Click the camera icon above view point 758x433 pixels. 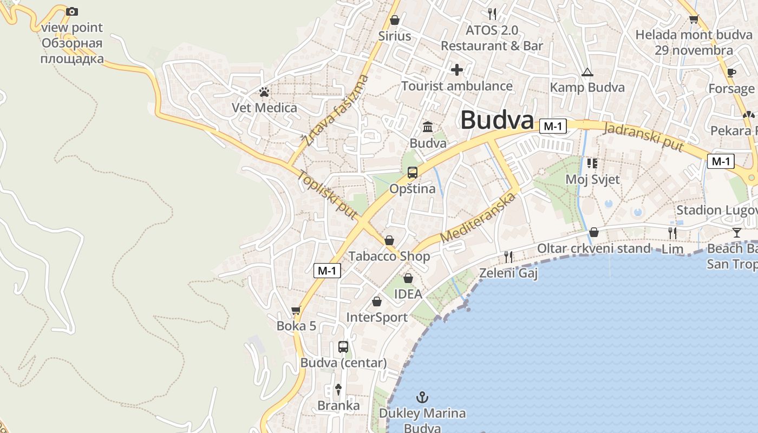[x=71, y=11]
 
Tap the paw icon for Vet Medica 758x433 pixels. [x=264, y=92]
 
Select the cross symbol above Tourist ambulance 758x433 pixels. [x=457, y=70]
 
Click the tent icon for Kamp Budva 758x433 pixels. [x=587, y=72]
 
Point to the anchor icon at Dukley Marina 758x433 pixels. [x=422, y=398]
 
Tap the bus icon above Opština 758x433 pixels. [x=413, y=173]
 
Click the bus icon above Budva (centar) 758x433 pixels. [x=343, y=347]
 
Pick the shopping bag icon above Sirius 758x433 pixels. [x=395, y=20]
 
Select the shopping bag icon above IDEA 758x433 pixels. [x=408, y=278]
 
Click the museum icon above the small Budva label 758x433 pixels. [x=428, y=127]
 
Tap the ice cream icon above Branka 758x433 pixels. [x=338, y=389]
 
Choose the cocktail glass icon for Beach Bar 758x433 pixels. [x=736, y=233]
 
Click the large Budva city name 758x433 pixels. [x=497, y=120]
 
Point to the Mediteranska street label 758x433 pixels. [x=476, y=218]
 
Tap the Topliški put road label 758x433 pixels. [x=328, y=195]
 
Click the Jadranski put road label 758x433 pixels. [x=643, y=137]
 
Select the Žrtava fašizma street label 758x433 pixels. [x=335, y=110]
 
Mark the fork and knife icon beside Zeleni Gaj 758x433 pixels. [x=508, y=257]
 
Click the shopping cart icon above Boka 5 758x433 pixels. [x=296, y=311]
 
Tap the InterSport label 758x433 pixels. [x=377, y=317]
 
